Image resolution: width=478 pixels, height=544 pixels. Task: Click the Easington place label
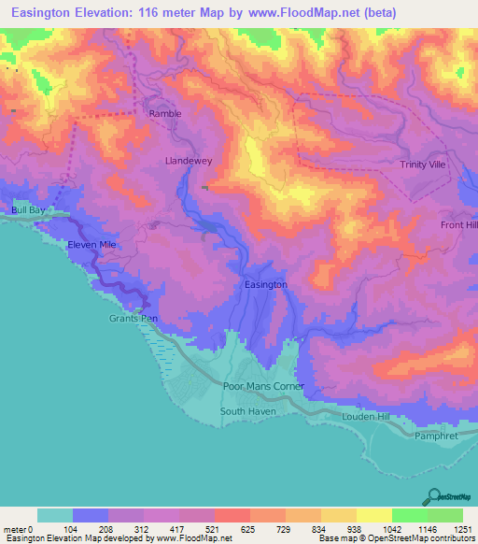265,283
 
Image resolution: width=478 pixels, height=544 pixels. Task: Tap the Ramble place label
164,114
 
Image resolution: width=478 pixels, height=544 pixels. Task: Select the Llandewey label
189,161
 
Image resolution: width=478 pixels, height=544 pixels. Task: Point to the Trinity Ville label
424,165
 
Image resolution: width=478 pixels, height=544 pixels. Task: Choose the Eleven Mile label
91,245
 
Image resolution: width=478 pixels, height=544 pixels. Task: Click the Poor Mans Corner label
264,386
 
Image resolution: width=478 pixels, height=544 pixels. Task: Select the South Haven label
244,410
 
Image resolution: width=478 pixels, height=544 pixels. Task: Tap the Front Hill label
458,225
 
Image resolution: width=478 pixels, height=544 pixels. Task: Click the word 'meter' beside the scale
12,529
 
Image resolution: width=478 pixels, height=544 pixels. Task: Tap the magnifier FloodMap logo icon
432,496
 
